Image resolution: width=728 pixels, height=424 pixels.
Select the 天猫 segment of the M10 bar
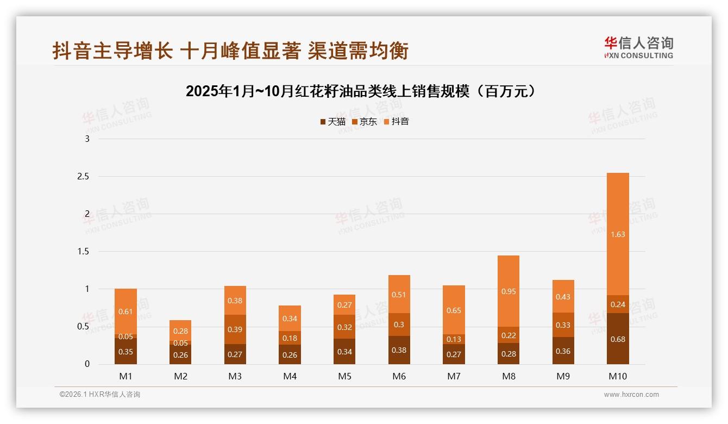coord(618,339)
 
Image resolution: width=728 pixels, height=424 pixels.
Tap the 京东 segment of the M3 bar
coord(235,329)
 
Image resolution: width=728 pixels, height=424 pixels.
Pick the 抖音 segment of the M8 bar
coord(509,291)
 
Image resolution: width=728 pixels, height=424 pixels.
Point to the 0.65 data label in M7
coord(454,310)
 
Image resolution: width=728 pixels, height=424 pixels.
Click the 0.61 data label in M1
coord(125,311)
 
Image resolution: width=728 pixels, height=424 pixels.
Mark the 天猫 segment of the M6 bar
coord(399,350)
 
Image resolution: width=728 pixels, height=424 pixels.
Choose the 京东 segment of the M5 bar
coord(344,327)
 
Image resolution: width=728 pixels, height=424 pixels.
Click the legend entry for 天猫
coord(332,122)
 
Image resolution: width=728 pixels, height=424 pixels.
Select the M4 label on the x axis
coord(290,376)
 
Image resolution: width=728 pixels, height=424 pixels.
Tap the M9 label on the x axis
coord(563,376)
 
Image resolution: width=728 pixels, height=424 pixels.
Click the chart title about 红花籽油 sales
coord(361,91)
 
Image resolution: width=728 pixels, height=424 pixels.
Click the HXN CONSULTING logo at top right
coord(638,47)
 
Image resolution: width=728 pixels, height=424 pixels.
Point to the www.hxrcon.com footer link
coord(631,395)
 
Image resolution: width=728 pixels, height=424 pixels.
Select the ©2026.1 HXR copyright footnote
coord(100,395)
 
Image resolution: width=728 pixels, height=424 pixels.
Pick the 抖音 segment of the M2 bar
coord(180,331)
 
